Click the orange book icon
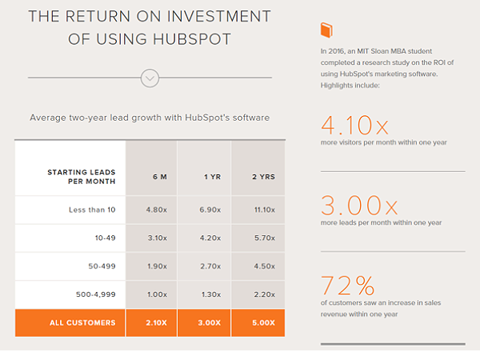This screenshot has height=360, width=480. [326, 30]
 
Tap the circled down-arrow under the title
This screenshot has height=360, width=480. [150, 78]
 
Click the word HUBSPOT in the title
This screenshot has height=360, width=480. [192, 39]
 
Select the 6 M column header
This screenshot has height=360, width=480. [160, 177]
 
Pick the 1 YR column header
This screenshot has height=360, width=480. [213, 177]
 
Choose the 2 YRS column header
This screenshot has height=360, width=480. [263, 177]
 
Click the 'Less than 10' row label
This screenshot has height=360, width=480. [92, 210]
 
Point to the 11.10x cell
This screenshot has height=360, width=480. [265, 210]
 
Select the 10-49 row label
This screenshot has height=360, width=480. [105, 238]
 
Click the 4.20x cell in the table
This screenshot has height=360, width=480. [210, 238]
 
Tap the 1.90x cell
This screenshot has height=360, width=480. [157, 266]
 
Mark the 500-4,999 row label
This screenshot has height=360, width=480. [96, 294]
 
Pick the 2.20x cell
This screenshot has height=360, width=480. [265, 294]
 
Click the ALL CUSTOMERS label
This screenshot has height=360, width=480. [82, 322]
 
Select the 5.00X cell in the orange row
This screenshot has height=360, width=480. [263, 322]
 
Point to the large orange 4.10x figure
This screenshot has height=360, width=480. [354, 126]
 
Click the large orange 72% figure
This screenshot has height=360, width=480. [347, 286]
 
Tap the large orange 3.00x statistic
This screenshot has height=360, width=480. [359, 205]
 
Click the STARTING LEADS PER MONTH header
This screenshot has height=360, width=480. [82, 177]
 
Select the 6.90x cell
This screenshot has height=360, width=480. [210, 210]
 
